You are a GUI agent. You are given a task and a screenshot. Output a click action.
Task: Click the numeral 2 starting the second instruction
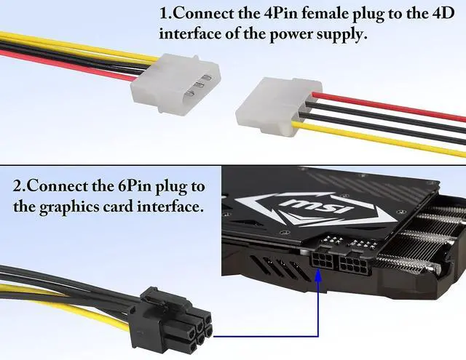(18, 186)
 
